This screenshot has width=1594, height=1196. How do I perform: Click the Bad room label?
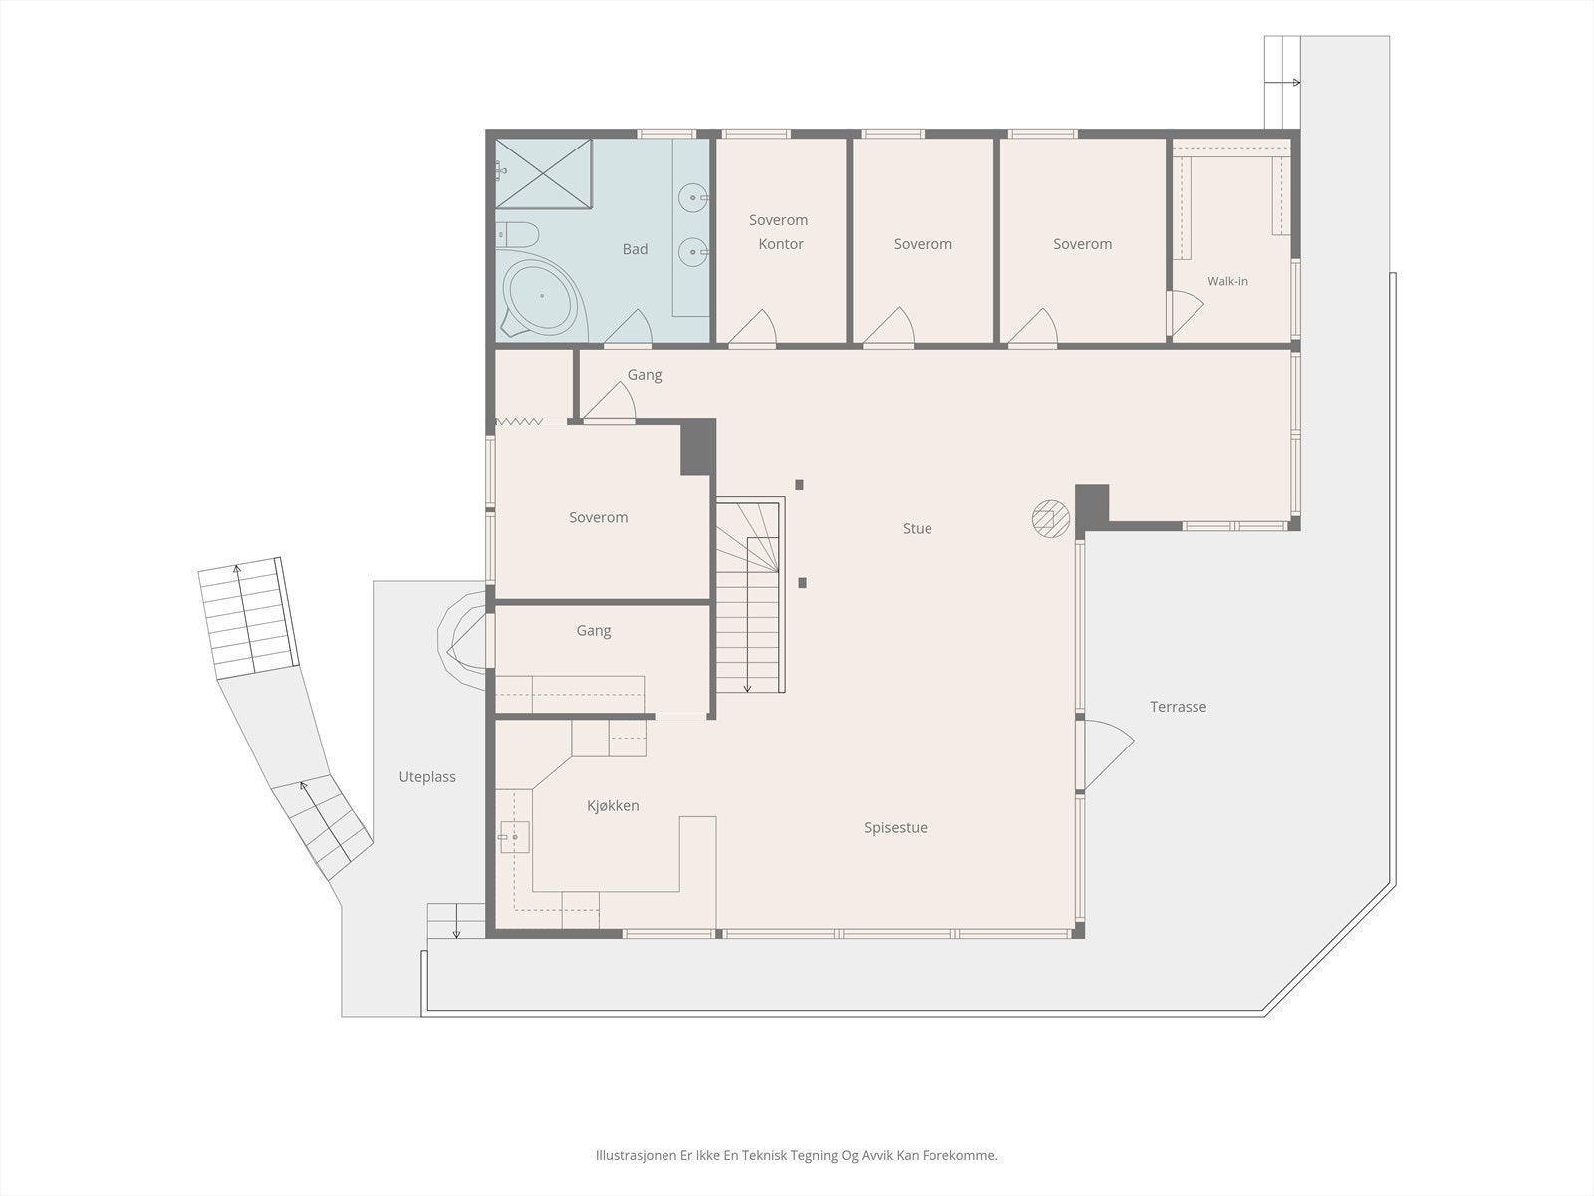coord(635,249)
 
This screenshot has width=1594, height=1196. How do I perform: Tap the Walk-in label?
coord(1227,281)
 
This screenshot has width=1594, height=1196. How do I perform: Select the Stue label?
coord(918,528)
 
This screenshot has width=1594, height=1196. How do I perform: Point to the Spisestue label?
coord(896,828)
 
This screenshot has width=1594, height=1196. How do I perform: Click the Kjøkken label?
coord(613,805)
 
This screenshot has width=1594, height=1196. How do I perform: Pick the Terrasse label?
coord(1178,707)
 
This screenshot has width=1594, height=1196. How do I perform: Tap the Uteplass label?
coord(427,777)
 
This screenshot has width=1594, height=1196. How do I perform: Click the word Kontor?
coord(781,244)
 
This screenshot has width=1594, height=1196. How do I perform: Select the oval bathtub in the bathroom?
coord(542,296)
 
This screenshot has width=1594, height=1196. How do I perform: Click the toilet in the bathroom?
coord(518,234)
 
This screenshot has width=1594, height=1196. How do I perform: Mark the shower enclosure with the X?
coord(544,173)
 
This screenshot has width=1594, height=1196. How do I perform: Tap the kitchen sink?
coord(514,837)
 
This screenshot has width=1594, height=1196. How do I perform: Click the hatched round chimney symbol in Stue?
coord(1051,519)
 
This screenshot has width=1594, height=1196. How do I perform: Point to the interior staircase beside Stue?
coord(750,595)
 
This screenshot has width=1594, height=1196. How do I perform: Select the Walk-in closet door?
coord(1186,312)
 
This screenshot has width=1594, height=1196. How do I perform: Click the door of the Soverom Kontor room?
coord(754,327)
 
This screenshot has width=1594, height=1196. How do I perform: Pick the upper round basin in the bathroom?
coord(693,197)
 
